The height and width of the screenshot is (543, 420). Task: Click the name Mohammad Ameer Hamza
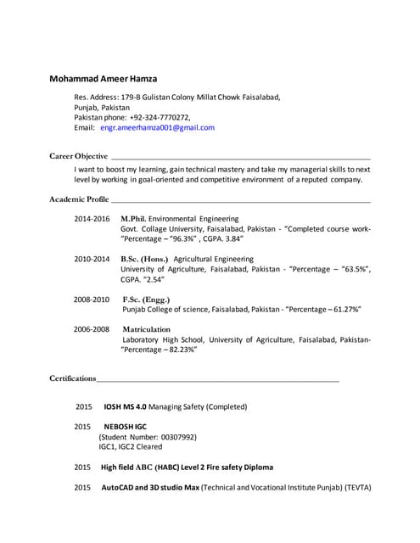click(103, 79)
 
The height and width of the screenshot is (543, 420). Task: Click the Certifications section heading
click(72, 378)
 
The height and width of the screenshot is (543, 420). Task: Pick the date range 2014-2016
click(92, 219)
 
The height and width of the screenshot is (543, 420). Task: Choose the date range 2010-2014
click(92, 259)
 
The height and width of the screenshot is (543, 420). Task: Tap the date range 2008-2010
click(92, 299)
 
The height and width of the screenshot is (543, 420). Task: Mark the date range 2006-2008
click(92, 329)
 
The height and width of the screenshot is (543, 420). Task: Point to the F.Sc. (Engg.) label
click(146, 299)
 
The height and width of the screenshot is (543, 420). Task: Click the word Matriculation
click(147, 329)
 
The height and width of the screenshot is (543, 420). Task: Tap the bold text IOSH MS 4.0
click(125, 407)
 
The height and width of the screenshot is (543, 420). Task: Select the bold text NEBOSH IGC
click(126, 427)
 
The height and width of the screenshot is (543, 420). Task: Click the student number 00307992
click(177, 437)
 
